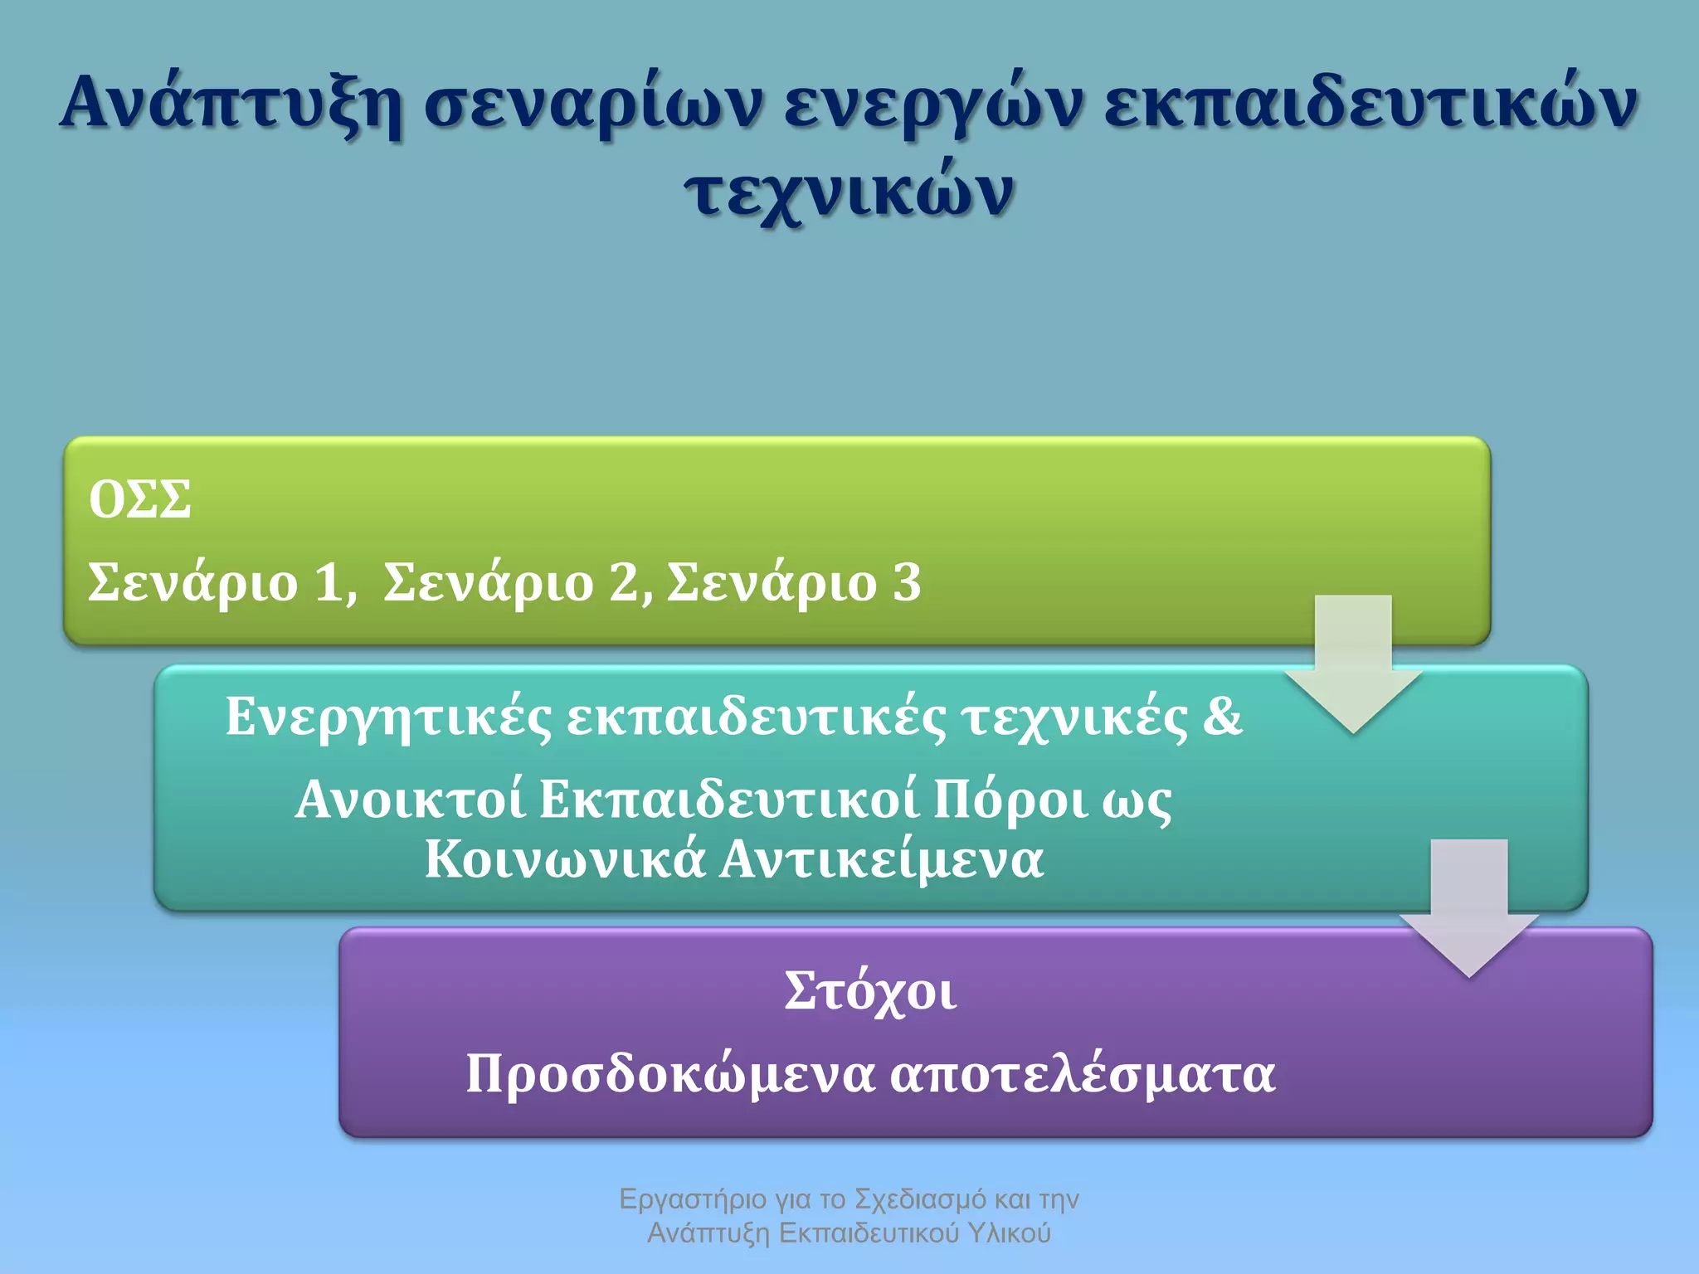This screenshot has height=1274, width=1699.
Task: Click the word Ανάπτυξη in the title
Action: pyautogui.click(x=231, y=104)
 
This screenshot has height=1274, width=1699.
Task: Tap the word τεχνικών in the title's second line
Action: pyautogui.click(x=849, y=192)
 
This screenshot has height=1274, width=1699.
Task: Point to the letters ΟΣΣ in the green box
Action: pyautogui.click(x=139, y=499)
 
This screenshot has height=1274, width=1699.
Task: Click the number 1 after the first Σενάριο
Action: pyautogui.click(x=331, y=582)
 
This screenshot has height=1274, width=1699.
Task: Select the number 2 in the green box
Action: pyautogui.click(x=625, y=582)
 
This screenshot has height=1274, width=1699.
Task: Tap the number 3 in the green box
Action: pyautogui.click(x=907, y=582)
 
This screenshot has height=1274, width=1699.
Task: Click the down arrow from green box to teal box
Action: pyautogui.click(x=1352, y=664)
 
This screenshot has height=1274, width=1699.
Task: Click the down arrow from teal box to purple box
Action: pyautogui.click(x=1468, y=908)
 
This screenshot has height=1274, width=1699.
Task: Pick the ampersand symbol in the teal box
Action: pyautogui.click(x=1222, y=716)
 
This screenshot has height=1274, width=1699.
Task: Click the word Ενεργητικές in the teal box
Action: pyautogui.click(x=388, y=717)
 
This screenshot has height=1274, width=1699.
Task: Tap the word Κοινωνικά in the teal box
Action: pyautogui.click(x=565, y=859)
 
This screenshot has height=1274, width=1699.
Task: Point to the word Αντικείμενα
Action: pyautogui.click(x=881, y=859)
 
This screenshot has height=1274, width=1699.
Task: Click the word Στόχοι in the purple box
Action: pyautogui.click(x=870, y=991)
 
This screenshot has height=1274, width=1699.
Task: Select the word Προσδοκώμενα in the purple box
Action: pyautogui.click(x=670, y=1074)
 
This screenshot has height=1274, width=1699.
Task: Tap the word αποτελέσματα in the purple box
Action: pyautogui.click(x=1082, y=1074)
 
